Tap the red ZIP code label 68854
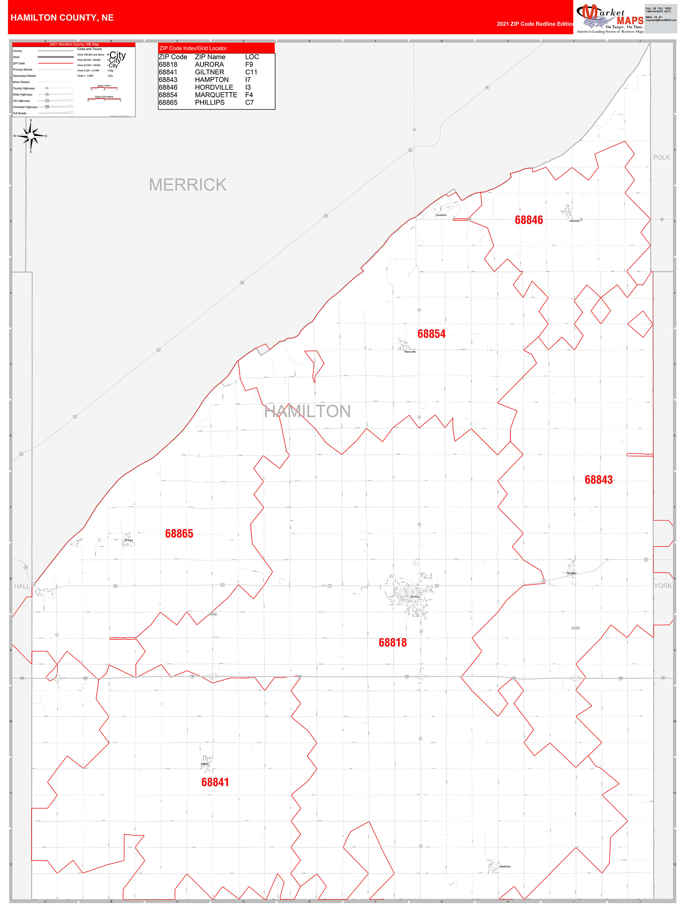(x=431, y=334)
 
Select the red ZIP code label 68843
(x=599, y=480)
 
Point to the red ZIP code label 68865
(x=179, y=533)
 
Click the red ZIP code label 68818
(x=392, y=643)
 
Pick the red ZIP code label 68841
(x=215, y=782)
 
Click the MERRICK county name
(x=187, y=185)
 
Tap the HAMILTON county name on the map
(x=307, y=411)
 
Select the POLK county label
(x=661, y=158)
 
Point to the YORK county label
(x=663, y=586)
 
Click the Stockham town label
(x=504, y=866)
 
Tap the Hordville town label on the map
(x=574, y=221)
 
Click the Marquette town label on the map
(x=410, y=352)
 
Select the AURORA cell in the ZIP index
(x=209, y=65)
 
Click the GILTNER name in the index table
(x=209, y=72)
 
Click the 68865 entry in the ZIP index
(x=168, y=103)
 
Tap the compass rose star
(x=31, y=136)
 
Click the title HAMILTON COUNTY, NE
(x=62, y=18)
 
